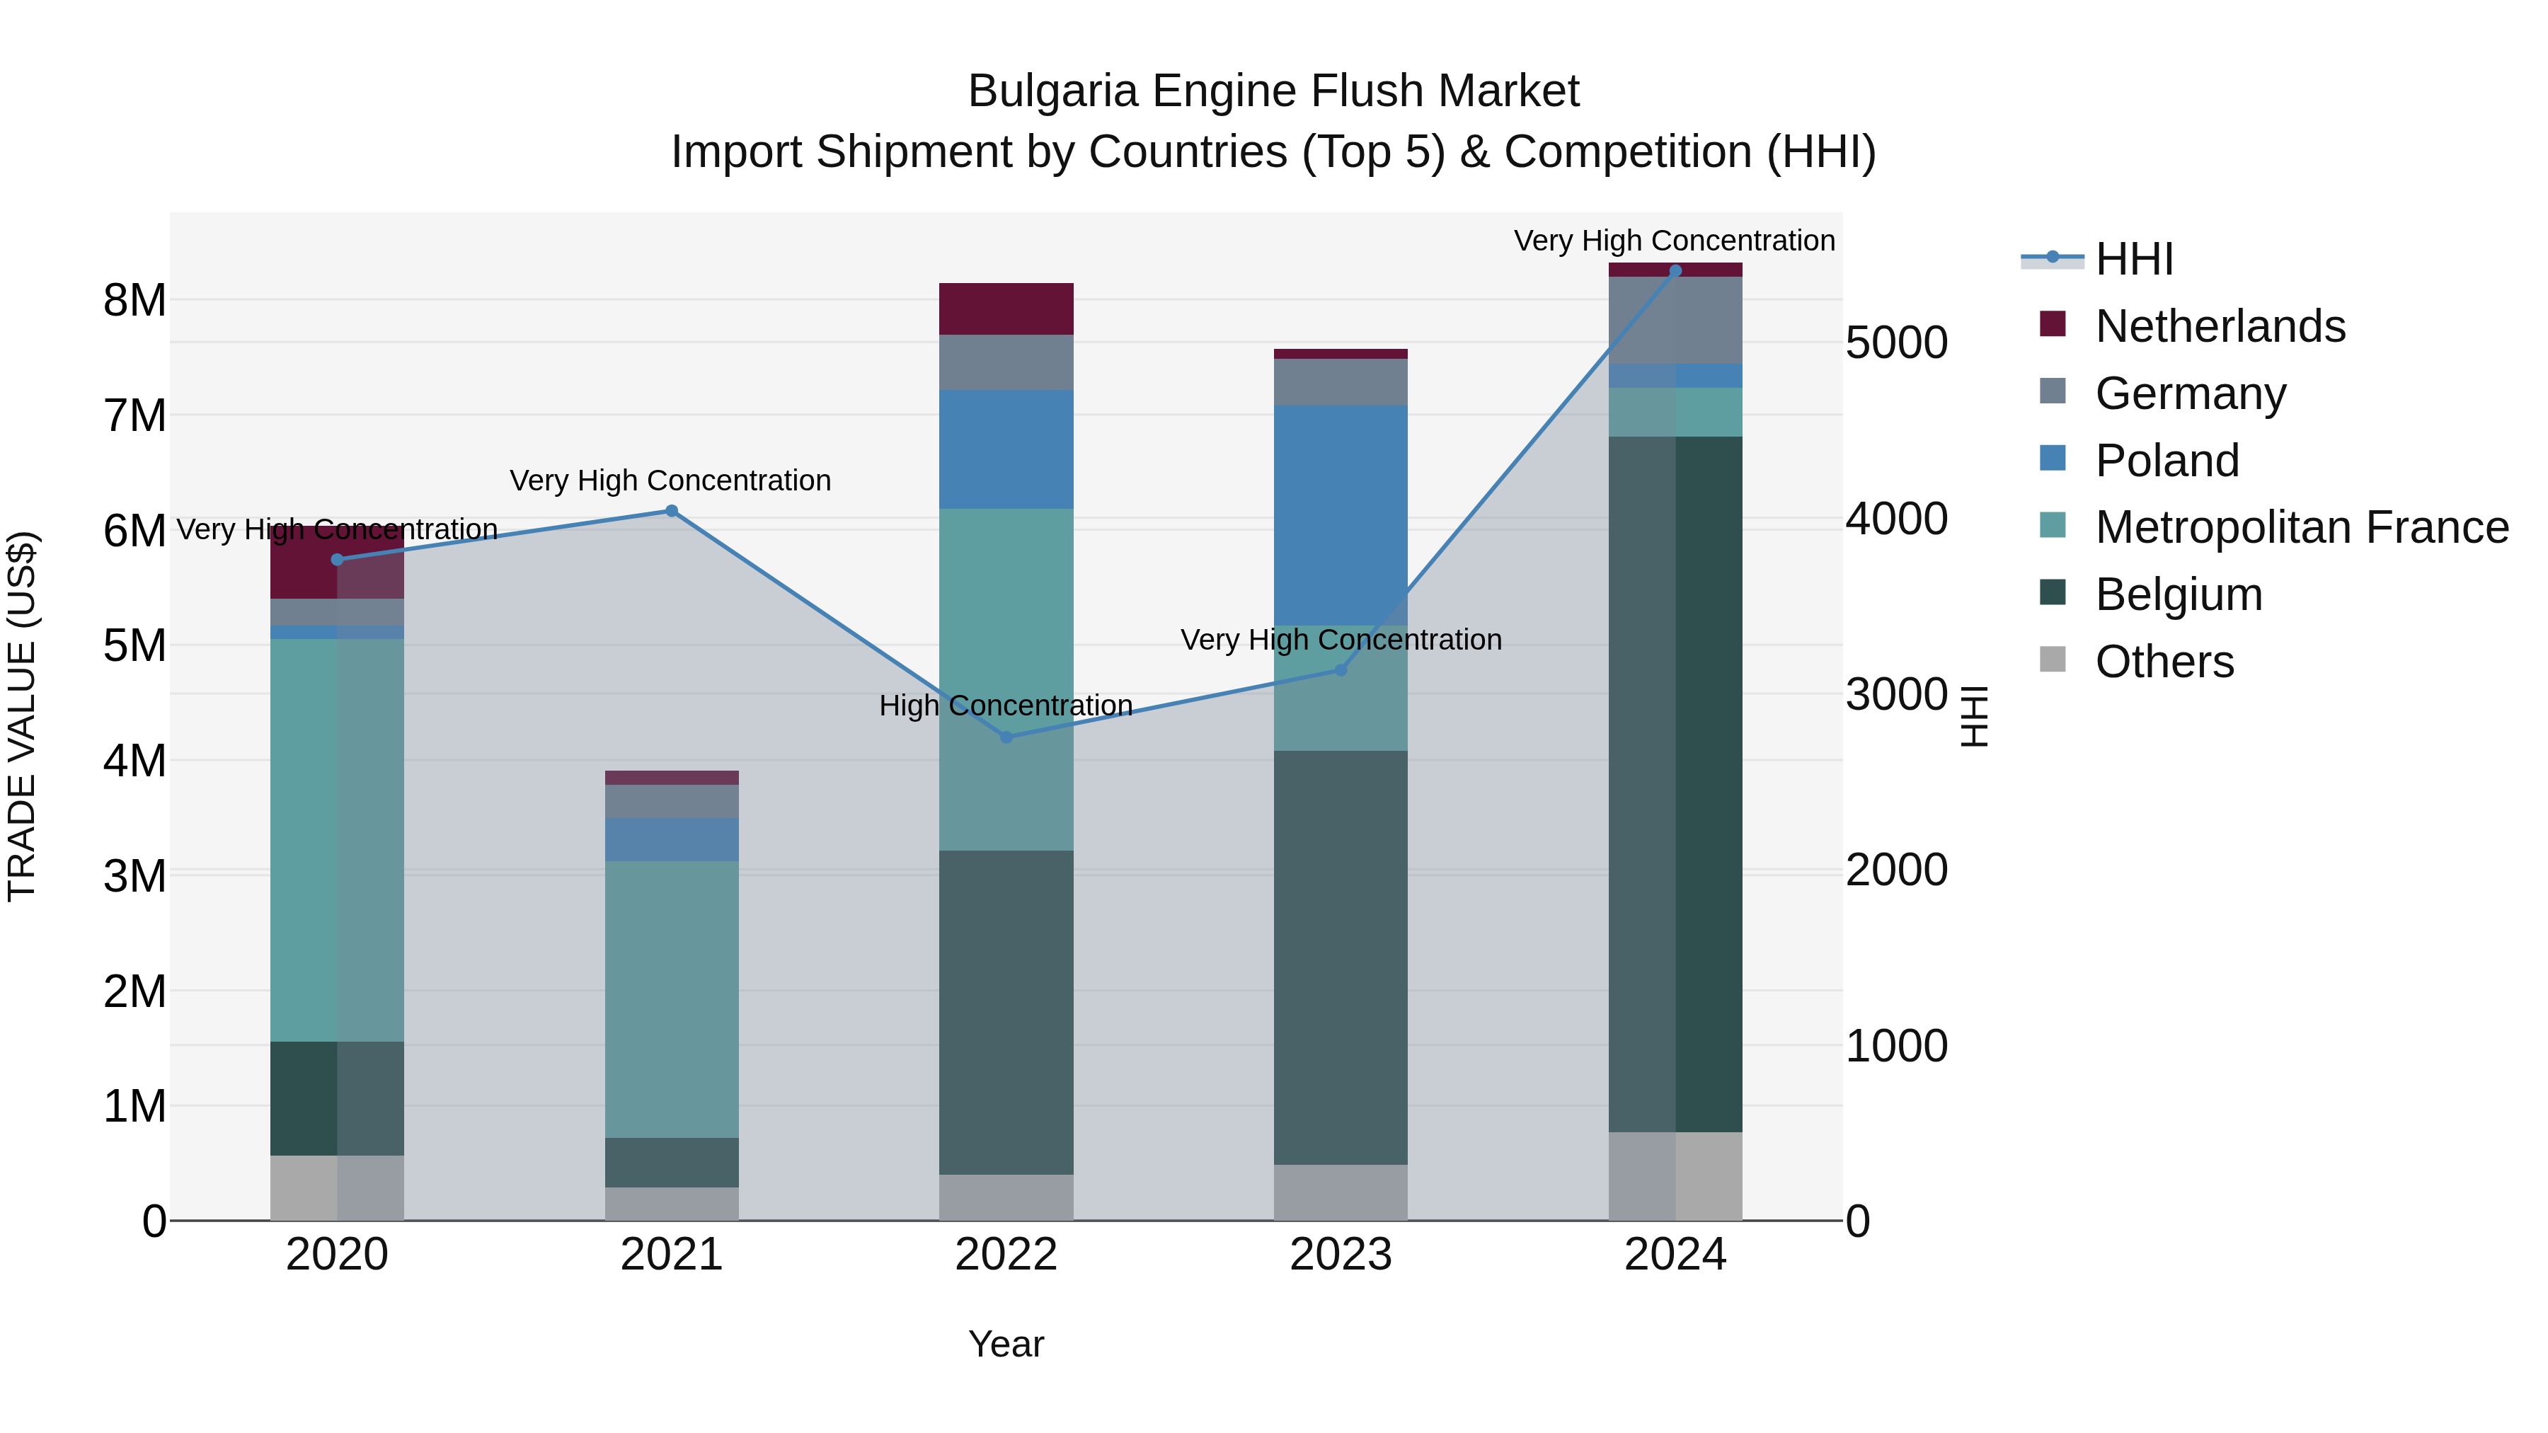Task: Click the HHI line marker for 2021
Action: click(672, 512)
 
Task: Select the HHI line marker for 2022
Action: click(1006, 737)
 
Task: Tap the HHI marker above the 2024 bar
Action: click(1675, 271)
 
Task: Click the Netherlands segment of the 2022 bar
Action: click(1006, 309)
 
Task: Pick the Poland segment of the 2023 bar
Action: click(1341, 514)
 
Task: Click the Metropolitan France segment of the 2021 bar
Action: click(672, 999)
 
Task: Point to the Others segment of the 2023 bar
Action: click(1341, 1192)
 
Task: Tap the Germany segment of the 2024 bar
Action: click(1675, 321)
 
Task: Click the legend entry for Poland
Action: click(2167, 461)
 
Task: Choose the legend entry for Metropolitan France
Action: click(2301, 528)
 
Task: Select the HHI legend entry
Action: click(2133, 259)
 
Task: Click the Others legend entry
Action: click(2164, 662)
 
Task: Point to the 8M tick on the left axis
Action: click(134, 299)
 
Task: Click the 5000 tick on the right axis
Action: click(1896, 343)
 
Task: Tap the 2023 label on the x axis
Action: click(1341, 1255)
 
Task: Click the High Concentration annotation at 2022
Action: click(1006, 706)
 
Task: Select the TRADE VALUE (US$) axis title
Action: click(22, 716)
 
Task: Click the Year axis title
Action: click(1006, 1344)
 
